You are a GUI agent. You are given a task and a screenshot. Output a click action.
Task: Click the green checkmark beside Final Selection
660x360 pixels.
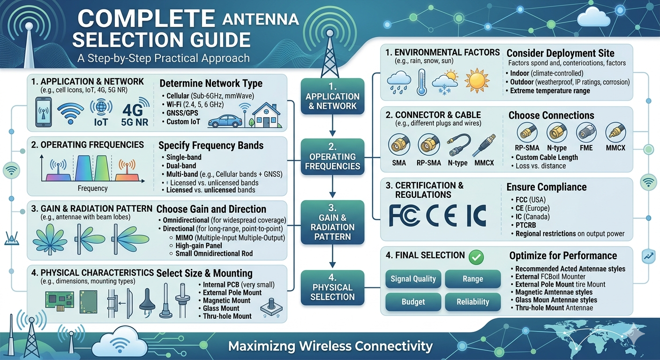click(x=476, y=257)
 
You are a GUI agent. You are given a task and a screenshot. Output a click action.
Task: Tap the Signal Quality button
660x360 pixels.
click(x=413, y=279)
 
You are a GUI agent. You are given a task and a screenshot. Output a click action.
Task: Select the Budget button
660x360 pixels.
click(x=413, y=302)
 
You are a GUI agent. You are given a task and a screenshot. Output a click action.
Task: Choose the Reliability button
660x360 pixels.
click(x=472, y=302)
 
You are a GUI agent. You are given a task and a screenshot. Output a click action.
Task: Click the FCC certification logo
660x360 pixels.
click(x=404, y=216)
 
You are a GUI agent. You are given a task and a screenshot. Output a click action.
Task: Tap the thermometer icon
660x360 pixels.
click(x=421, y=82)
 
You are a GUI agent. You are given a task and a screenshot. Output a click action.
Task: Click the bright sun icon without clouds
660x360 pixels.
click(x=477, y=80)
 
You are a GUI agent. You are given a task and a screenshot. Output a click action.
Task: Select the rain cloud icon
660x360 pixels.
click(x=398, y=82)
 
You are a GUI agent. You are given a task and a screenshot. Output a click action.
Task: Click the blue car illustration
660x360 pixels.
click(x=225, y=121)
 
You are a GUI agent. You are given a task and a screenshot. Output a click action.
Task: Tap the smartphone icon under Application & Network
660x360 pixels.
click(x=43, y=112)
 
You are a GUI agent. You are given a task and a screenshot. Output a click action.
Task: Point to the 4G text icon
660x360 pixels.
click(x=133, y=111)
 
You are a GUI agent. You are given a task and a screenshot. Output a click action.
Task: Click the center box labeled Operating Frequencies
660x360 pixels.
click(x=332, y=157)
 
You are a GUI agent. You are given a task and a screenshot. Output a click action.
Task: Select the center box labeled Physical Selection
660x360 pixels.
click(x=332, y=287)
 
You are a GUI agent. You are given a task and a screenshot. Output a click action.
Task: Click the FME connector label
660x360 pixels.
click(x=586, y=148)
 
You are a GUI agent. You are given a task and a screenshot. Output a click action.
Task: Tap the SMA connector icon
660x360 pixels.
click(x=399, y=144)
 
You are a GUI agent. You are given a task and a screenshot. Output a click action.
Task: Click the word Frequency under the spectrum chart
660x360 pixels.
click(x=92, y=188)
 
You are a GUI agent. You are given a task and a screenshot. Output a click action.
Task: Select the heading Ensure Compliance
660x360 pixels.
click(x=546, y=187)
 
